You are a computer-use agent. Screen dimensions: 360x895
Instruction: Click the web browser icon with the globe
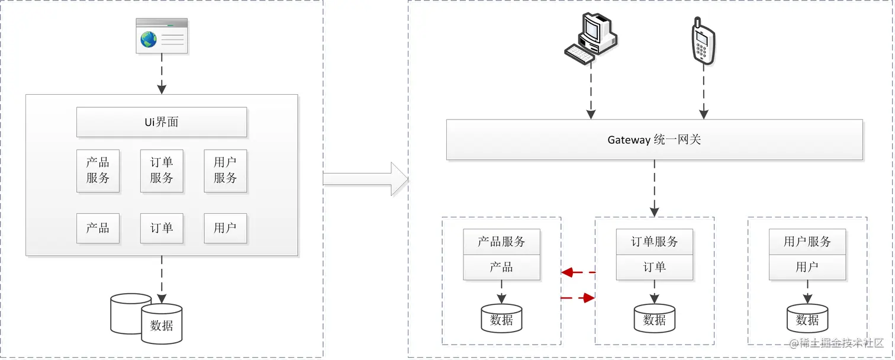pyautogui.click(x=162, y=36)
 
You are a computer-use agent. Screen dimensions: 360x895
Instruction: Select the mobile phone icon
pyautogui.click(x=703, y=40)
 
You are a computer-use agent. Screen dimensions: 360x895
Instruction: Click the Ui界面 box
pyautogui.click(x=162, y=123)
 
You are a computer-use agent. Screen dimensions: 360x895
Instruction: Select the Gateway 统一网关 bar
pyautogui.click(x=654, y=140)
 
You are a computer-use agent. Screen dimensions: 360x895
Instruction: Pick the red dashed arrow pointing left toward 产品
pyautogui.click(x=578, y=272)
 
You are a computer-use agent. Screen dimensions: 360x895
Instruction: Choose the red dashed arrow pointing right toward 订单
pyautogui.click(x=578, y=298)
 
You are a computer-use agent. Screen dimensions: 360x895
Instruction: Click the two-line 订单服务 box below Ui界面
pyautogui.click(x=162, y=171)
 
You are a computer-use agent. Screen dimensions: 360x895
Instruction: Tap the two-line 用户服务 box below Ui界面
pyautogui.click(x=226, y=171)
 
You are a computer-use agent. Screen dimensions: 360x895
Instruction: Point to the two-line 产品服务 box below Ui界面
pyautogui.click(x=98, y=171)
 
